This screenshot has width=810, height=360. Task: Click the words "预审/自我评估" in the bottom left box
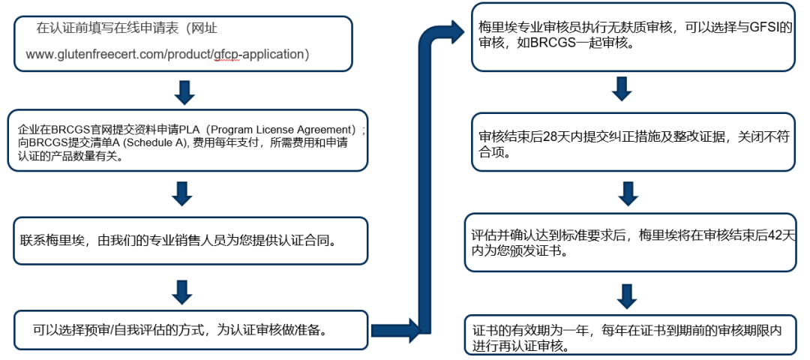tap(121, 329)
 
